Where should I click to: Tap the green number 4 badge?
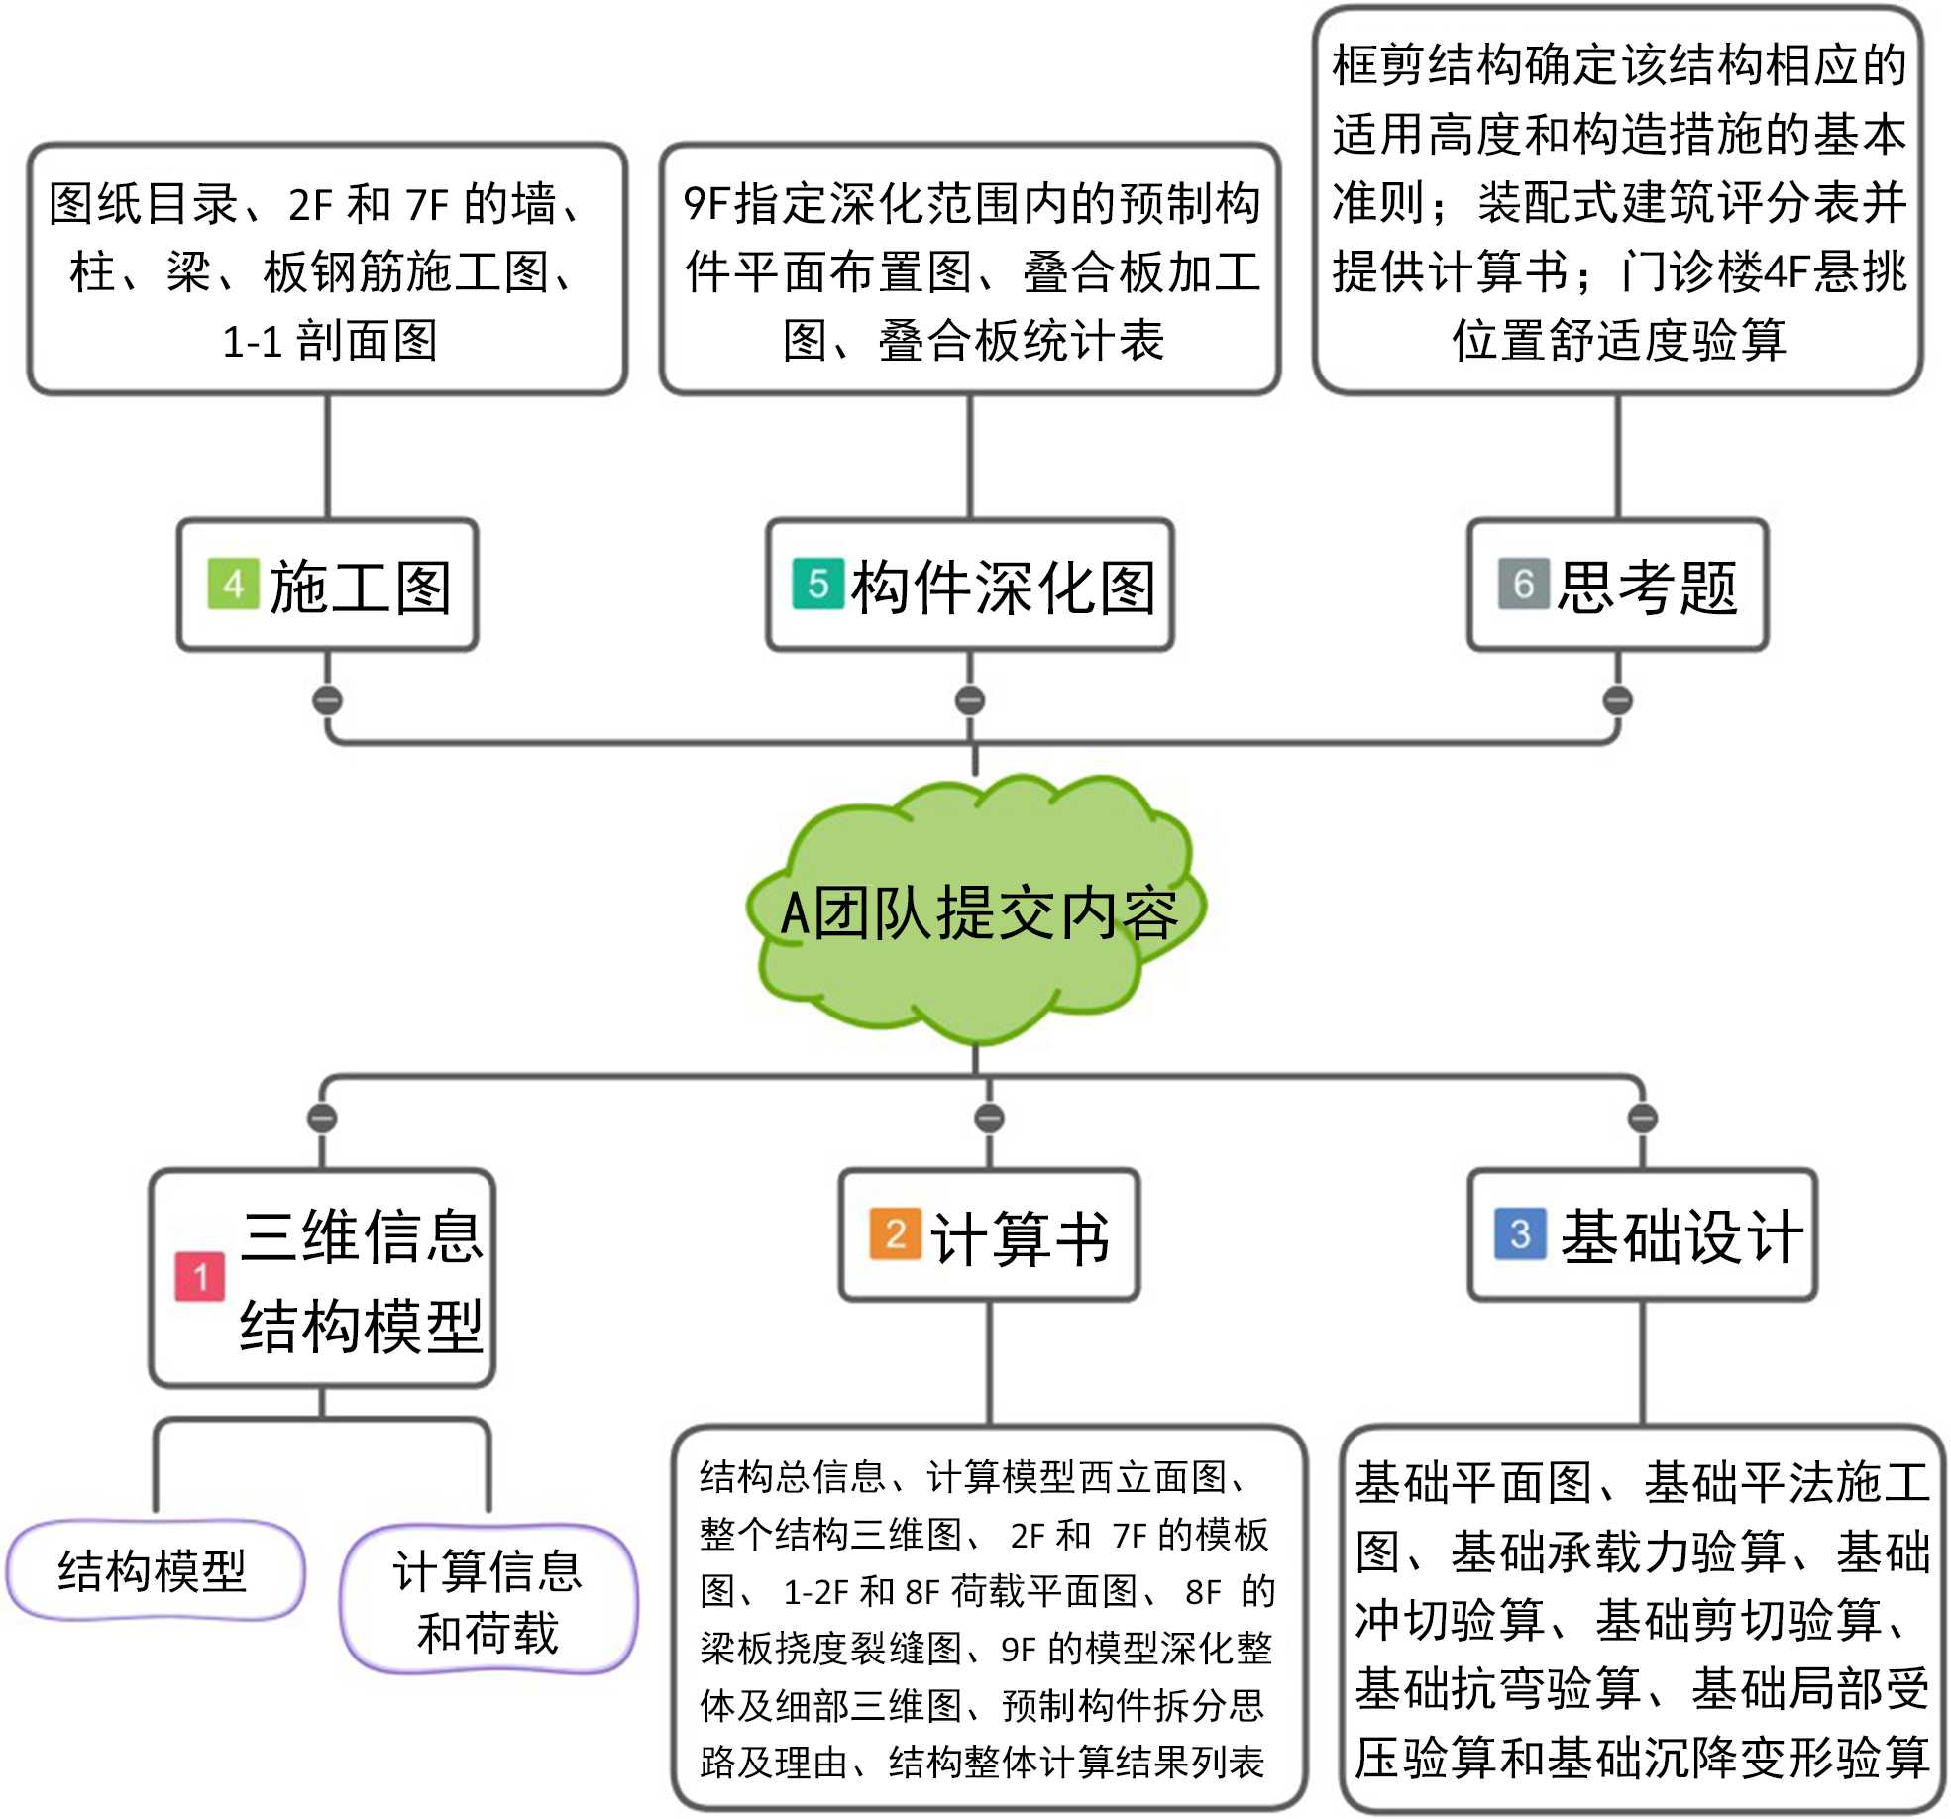pyautogui.click(x=233, y=585)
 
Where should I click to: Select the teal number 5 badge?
pyautogui.click(x=818, y=585)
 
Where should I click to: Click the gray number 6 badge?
pyautogui.click(x=1523, y=585)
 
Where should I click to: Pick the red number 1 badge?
pyautogui.click(x=200, y=1277)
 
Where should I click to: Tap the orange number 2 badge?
pyautogui.click(x=896, y=1234)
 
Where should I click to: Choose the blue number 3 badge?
pyautogui.click(x=1520, y=1234)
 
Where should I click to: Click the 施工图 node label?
pyautogui.click(x=361, y=587)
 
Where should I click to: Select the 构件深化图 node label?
pyautogui.click(x=1003, y=587)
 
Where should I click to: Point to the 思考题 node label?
pyautogui.click(x=1647, y=587)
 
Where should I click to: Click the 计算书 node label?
pyautogui.click(x=1021, y=1237)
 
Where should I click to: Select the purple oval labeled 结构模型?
pyautogui.click(x=153, y=1570)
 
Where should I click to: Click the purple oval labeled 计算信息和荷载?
pyautogui.click(x=488, y=1601)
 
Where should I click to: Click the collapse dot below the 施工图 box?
pyautogui.click(x=328, y=700)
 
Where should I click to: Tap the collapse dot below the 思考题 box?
pyautogui.click(x=1618, y=700)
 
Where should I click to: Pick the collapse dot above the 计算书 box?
pyautogui.click(x=989, y=1119)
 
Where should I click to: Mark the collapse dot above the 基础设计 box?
pyautogui.click(x=1643, y=1119)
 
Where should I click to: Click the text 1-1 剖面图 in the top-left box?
pyautogui.click(x=330, y=342)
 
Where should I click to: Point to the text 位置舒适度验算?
pyautogui.click(x=1619, y=341)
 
